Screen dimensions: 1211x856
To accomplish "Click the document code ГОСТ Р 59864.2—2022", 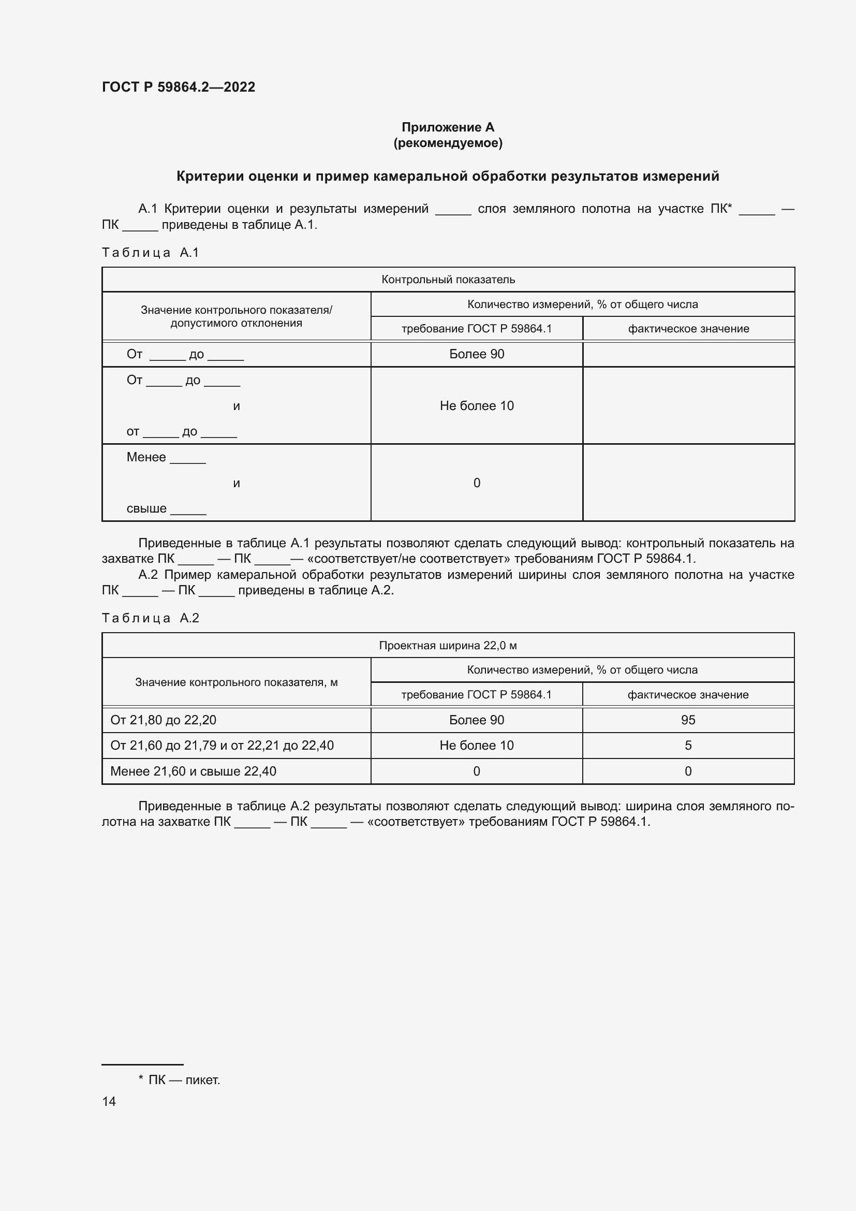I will click(178, 87).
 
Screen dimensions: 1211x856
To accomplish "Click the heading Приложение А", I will click(448, 127).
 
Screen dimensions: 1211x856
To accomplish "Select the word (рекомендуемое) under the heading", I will click(448, 143).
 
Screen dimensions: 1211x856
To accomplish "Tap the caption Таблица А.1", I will click(150, 253).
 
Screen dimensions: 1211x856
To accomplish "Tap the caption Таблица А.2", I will click(150, 618).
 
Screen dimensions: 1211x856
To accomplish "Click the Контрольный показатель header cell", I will click(448, 280).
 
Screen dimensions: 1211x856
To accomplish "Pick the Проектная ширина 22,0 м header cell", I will click(448, 646).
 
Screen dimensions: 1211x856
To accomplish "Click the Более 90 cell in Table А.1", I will click(477, 355).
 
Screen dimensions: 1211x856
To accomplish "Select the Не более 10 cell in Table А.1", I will click(477, 405).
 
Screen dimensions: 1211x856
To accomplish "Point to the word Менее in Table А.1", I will click(146, 457).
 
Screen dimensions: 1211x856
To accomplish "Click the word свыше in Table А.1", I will click(146, 509).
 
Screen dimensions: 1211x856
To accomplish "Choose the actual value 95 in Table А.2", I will click(688, 720).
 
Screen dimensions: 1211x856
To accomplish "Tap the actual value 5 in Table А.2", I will click(688, 745).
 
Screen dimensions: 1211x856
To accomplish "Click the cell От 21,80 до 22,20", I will click(164, 720).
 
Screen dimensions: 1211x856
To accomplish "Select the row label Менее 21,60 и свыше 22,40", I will click(193, 771).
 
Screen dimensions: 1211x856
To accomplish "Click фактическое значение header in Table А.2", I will click(688, 695).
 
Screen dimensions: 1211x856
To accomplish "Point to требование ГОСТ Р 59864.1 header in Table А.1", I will click(477, 329).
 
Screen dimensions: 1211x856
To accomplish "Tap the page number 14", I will click(109, 1101).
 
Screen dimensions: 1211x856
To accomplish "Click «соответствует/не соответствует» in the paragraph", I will click(409, 559).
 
